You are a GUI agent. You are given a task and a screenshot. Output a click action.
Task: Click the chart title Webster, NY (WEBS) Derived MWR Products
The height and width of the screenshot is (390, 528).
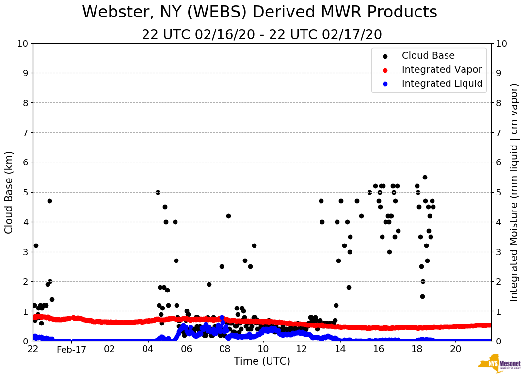point(259,12)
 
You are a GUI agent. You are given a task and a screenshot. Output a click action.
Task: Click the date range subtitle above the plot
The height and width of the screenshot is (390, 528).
point(262,35)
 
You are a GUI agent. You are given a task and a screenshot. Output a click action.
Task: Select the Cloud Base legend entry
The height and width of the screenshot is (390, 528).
point(428,56)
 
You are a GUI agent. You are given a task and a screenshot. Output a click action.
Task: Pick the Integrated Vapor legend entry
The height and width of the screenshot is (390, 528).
point(442,70)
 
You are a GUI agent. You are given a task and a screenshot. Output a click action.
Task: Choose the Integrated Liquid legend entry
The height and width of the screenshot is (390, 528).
point(442,84)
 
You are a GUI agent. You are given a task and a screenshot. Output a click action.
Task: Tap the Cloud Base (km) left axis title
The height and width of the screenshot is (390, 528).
point(9,192)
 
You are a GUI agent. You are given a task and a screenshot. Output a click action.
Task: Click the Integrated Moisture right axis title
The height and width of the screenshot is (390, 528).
point(514,192)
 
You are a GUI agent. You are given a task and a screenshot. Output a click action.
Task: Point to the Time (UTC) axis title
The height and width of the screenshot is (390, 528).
point(262,361)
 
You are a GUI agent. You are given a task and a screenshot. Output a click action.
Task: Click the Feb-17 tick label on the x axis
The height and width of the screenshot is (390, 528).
point(71,349)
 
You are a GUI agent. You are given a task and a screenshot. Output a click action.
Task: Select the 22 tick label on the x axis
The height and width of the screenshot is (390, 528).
point(33,349)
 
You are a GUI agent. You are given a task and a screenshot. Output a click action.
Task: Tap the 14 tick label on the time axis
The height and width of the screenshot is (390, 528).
point(340,349)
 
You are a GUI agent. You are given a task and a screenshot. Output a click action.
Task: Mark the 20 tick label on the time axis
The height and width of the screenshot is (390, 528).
point(455,349)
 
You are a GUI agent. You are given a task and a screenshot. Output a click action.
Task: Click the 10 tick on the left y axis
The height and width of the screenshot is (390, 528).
point(23,44)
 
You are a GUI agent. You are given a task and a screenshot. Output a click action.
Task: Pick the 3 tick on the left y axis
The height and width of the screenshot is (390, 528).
point(25,252)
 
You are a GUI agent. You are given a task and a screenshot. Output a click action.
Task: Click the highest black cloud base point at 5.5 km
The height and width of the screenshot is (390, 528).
point(425,177)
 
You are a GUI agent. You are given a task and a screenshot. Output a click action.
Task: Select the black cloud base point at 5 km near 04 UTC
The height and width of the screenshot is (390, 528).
point(158,192)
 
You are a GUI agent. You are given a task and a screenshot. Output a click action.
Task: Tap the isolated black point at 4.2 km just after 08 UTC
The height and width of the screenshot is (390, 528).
point(228,216)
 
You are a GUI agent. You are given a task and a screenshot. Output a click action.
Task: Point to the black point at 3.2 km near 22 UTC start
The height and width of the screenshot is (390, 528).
point(36,245)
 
